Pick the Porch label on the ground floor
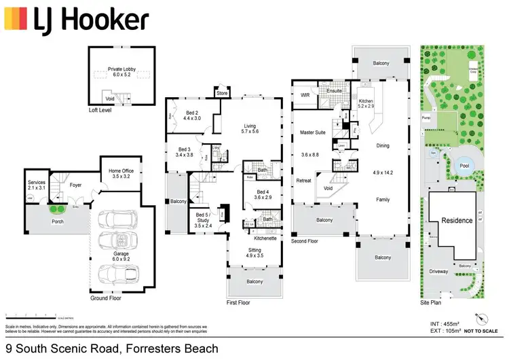[x=58, y=221]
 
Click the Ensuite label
[x=334, y=90]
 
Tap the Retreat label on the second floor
[x=303, y=180]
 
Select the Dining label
[x=383, y=146]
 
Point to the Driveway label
[x=438, y=272]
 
